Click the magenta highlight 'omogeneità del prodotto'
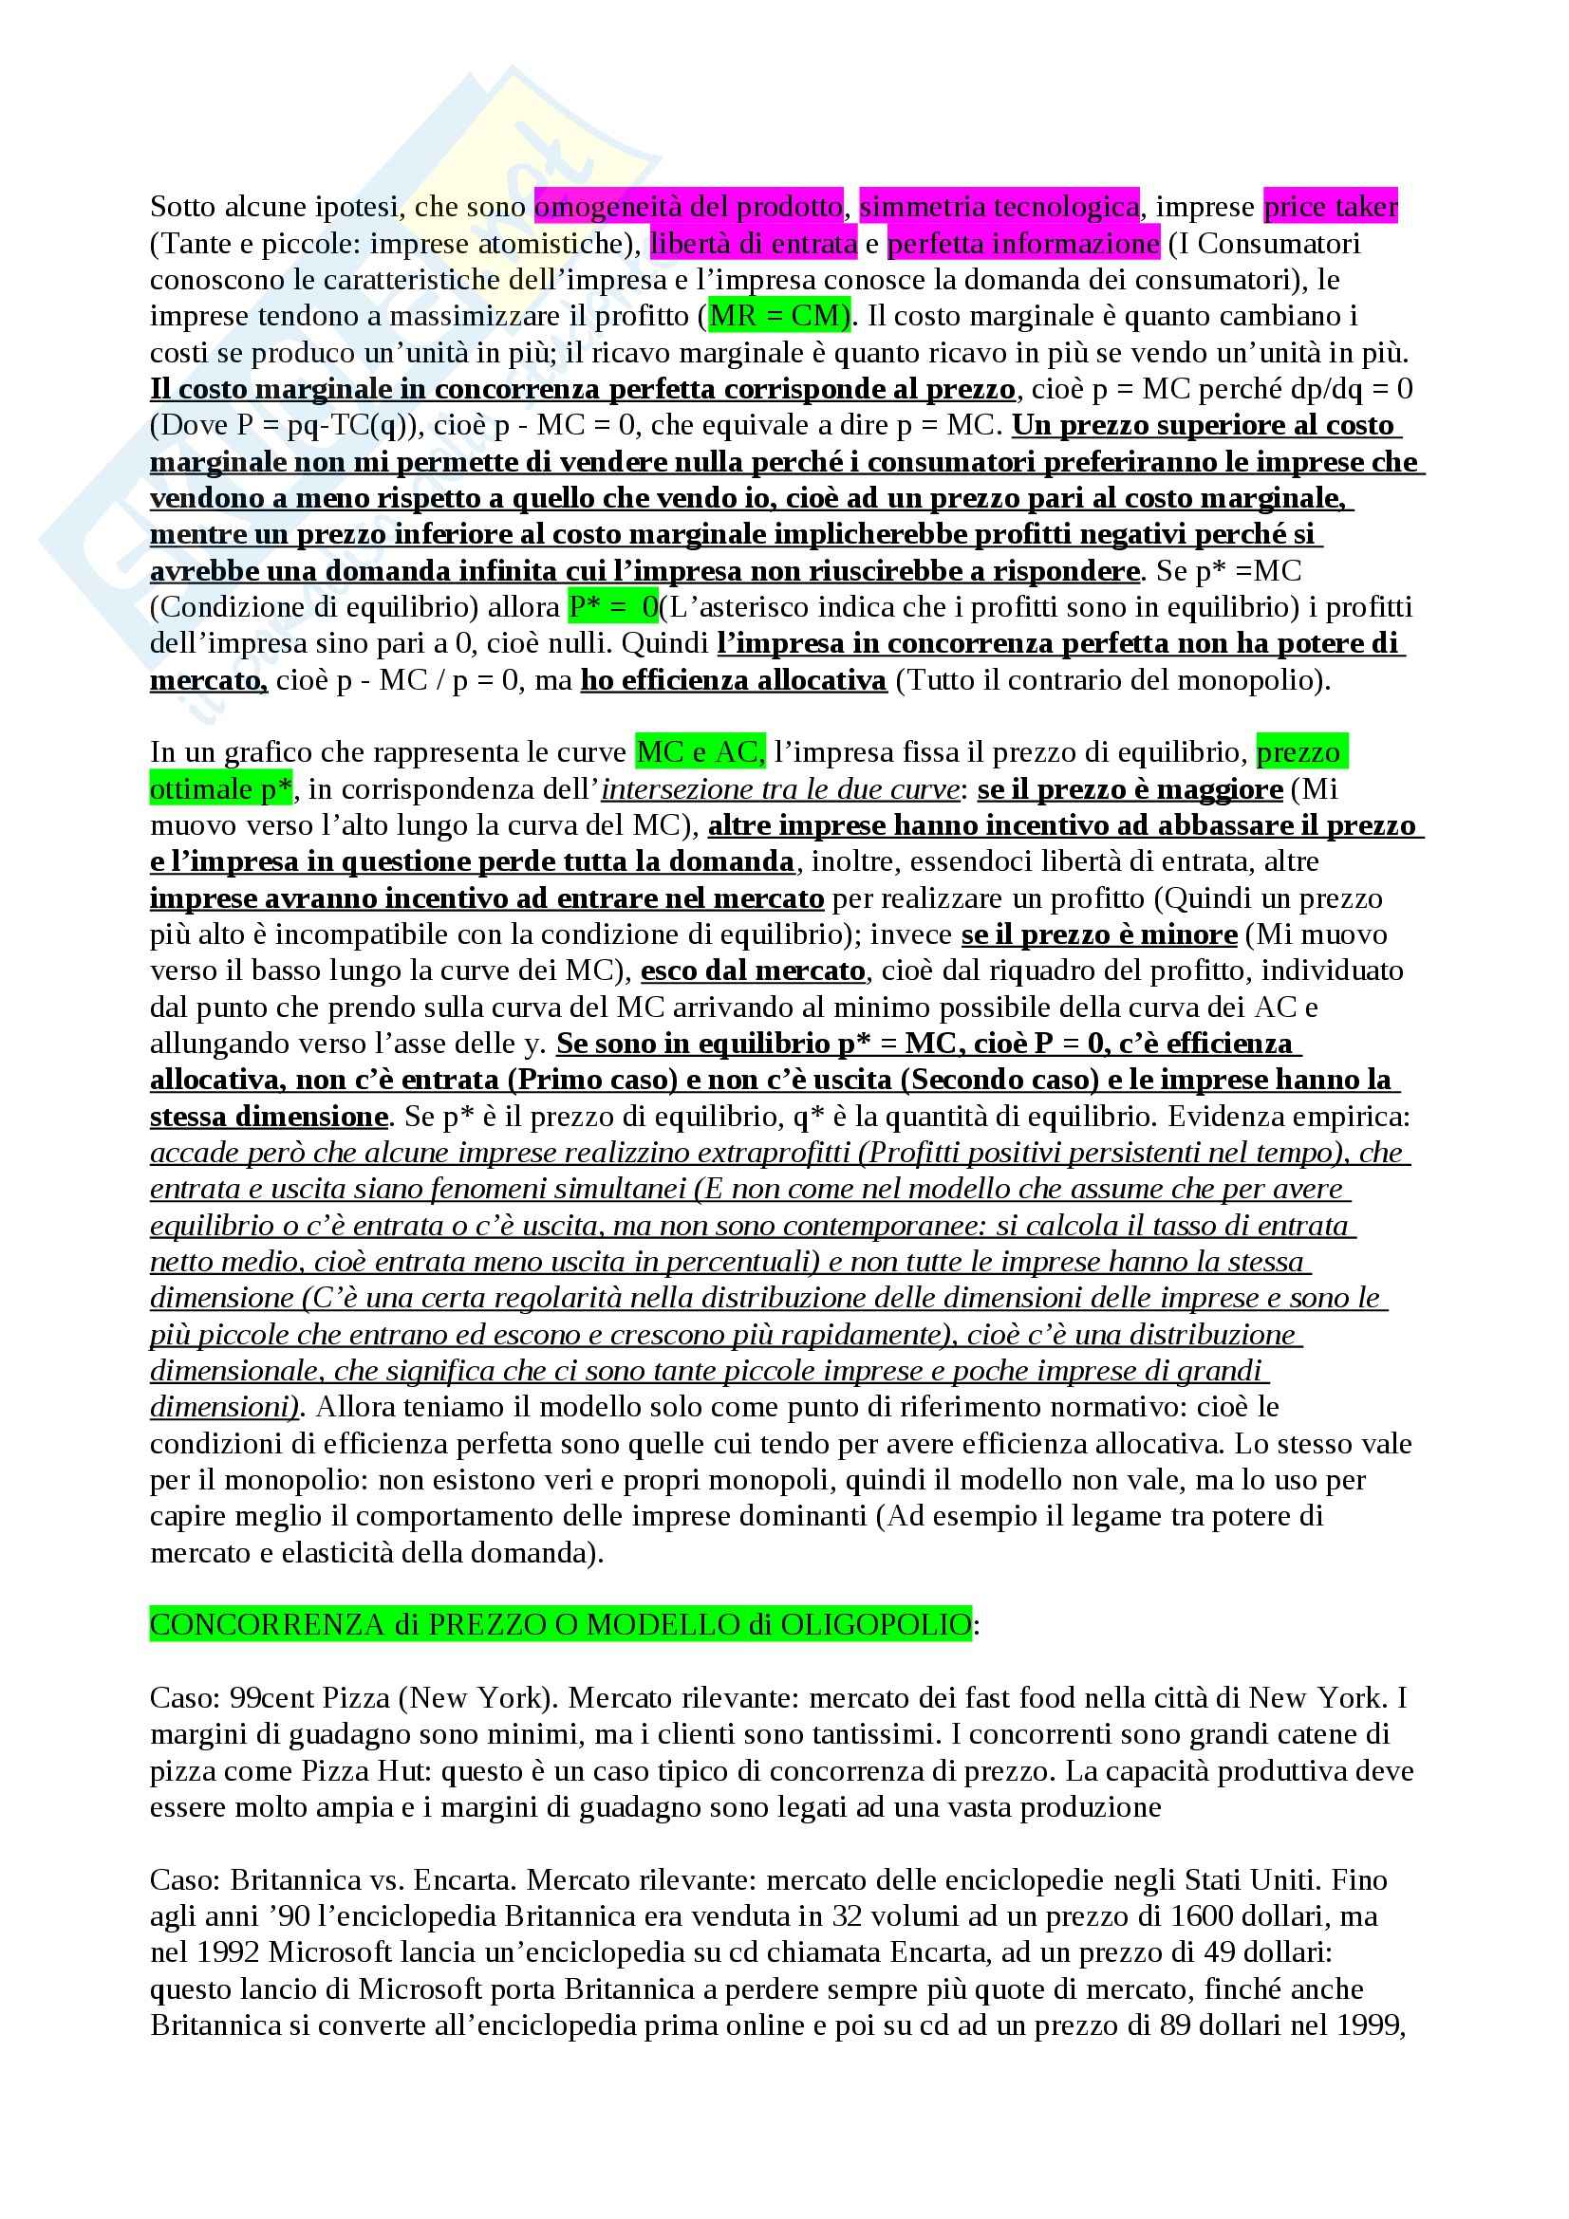click(x=687, y=206)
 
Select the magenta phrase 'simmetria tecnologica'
click(x=999, y=206)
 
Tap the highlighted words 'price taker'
click(x=1330, y=206)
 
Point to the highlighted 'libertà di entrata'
click(x=753, y=244)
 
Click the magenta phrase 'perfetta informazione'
click(x=1023, y=244)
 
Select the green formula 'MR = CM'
click(x=779, y=316)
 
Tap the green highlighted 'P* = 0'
click(x=613, y=607)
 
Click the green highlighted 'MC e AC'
click(x=699, y=752)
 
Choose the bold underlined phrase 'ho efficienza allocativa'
click(x=733, y=680)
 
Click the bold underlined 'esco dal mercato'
click(x=752, y=971)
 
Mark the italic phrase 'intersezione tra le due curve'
click(x=780, y=789)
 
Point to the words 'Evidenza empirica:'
click(x=1289, y=1117)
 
